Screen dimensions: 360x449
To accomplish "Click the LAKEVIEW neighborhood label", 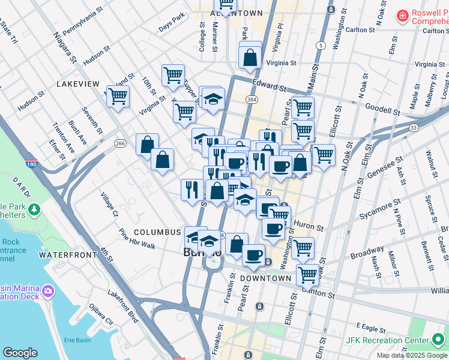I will point(77,84).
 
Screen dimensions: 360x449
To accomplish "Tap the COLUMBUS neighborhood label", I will point(157,232).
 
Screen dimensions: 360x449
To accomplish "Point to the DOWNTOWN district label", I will point(265,278).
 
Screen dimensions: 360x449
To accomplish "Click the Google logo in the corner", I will point(20,353).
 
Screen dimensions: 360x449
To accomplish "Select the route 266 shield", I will point(120,143).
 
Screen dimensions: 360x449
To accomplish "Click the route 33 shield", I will point(414,128).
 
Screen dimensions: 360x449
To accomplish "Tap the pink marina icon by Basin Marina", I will point(48,292).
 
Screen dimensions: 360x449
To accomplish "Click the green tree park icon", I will point(35,209).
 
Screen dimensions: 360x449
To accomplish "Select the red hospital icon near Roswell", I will point(402,15).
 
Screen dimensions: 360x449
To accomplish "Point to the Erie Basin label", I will point(77,340).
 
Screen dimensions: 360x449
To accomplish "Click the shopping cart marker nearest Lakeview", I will point(118,95).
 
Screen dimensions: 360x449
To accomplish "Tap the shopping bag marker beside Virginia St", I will point(250,57).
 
